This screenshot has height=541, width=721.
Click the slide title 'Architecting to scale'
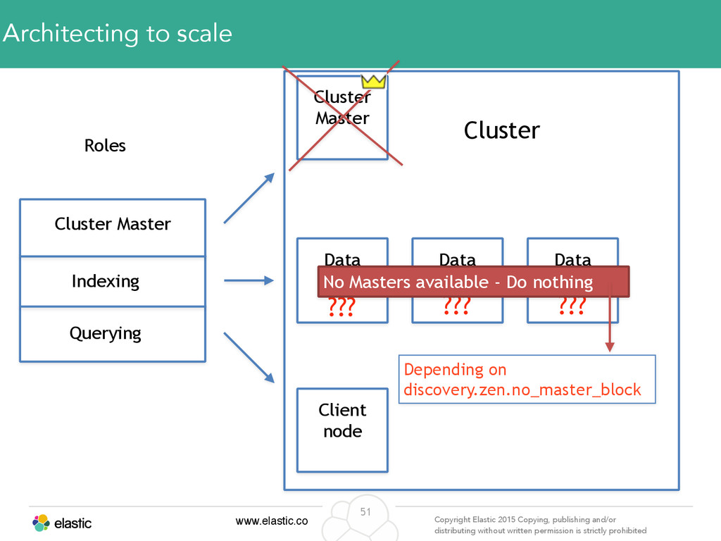coord(118,33)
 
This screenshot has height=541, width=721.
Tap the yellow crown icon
coord(373,82)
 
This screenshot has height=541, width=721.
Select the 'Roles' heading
coord(105,145)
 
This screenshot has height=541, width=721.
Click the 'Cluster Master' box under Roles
coord(113,228)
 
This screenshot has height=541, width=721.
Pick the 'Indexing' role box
coord(113,281)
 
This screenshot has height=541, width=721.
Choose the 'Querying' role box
coord(113,334)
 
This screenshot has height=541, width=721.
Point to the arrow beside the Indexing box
coord(249,280)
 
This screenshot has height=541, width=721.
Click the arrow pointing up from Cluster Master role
coord(249,198)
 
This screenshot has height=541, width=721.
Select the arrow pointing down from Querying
coord(249,357)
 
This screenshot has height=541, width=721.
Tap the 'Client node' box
coord(343,430)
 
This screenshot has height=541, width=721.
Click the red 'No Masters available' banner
coord(473,282)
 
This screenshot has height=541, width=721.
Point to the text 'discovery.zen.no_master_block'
coord(522,390)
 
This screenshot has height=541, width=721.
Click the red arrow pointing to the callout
coord(610,318)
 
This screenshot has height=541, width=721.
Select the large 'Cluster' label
coord(501,130)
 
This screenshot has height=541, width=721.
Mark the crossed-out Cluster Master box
coord(343,118)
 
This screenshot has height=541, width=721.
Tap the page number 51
coord(365,511)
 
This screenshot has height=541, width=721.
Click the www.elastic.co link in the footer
coord(272,521)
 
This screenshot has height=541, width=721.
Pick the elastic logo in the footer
coord(62,523)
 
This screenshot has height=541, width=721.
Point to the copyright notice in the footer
coord(540,525)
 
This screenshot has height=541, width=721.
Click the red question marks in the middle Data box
coord(457,306)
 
